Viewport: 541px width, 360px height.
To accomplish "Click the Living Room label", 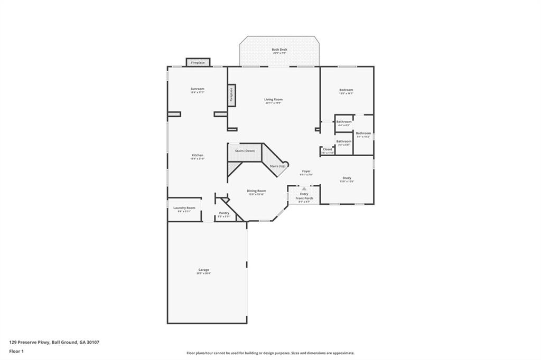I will tap(273, 99).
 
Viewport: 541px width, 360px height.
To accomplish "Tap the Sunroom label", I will tap(197, 89).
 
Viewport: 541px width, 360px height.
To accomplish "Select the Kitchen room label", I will tap(197, 155).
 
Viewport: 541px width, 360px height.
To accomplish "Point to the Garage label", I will tap(203, 270).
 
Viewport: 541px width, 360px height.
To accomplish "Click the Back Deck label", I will tap(279, 50).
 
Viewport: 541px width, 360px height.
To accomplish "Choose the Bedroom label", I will tap(346, 90).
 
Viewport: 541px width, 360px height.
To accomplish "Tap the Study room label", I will tap(347, 178).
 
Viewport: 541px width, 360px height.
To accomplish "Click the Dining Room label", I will tap(256, 191).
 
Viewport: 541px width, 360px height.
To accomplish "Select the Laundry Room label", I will tap(184, 208).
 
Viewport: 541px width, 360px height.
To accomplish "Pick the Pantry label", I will tap(224, 213).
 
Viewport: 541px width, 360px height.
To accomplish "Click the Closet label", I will tap(328, 149).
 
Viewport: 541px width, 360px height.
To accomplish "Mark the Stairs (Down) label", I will tap(245, 151).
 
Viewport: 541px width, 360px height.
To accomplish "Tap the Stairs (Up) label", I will tap(278, 166).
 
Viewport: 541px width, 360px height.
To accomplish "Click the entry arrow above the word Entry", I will tap(304, 188).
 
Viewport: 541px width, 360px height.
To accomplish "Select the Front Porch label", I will tap(304, 198).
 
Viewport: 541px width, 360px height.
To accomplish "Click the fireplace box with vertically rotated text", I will tap(231, 95).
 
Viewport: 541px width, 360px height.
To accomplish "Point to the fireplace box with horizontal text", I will tap(198, 62).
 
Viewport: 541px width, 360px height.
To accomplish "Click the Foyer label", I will tap(306, 171).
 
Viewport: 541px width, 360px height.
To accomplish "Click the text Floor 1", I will tap(16, 350).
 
